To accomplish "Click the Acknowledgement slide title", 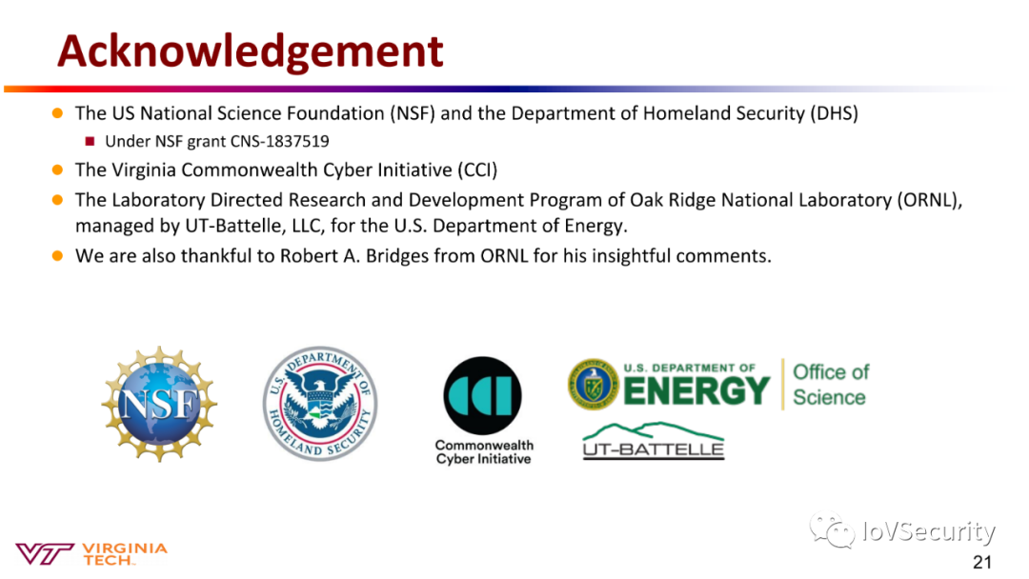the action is click(x=250, y=51).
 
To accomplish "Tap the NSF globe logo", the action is click(x=159, y=404).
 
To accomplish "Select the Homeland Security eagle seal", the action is click(x=320, y=403).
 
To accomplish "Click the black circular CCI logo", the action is click(x=482, y=395).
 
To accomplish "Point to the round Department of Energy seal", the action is click(x=594, y=384).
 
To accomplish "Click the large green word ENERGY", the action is click(x=696, y=390).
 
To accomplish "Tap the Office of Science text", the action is click(x=830, y=384).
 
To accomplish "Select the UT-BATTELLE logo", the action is click(x=654, y=441).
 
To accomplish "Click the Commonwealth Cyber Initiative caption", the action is click(x=484, y=451).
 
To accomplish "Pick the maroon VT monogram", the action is click(x=44, y=554).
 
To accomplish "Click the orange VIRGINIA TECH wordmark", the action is click(x=125, y=554).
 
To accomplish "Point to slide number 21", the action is click(x=982, y=562).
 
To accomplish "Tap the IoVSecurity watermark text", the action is click(x=929, y=531).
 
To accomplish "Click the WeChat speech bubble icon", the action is click(x=832, y=529).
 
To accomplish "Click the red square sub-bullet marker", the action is click(x=90, y=141).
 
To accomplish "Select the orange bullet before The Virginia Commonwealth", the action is click(x=58, y=170).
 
